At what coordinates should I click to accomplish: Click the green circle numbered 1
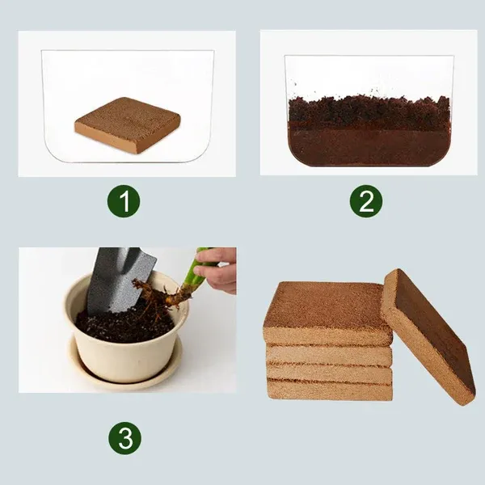click(123, 201)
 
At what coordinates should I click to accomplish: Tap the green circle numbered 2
click(366, 201)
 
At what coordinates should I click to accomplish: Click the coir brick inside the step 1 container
click(127, 124)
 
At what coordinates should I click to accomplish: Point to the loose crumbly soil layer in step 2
click(368, 111)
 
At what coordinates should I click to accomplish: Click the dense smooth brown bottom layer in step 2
click(368, 145)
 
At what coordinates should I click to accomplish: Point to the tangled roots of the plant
click(158, 295)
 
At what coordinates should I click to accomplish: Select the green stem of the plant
click(193, 275)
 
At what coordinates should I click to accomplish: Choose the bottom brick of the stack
click(327, 390)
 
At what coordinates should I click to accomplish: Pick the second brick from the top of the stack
click(327, 353)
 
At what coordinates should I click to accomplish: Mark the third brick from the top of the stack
click(327, 372)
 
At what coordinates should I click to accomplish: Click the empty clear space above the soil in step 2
click(368, 74)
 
